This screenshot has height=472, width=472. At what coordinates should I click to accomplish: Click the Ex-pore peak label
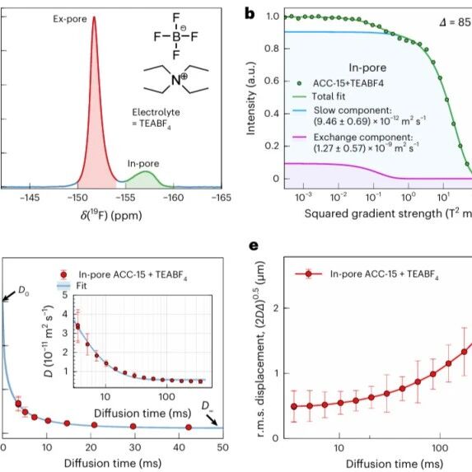click(x=70, y=19)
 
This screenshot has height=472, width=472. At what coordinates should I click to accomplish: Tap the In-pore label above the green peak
click(x=143, y=164)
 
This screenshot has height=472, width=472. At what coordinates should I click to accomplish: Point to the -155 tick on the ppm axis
click(x=125, y=198)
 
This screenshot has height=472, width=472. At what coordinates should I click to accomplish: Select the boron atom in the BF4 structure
click(x=176, y=37)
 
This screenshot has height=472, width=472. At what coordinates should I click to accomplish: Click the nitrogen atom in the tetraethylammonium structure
click(x=176, y=80)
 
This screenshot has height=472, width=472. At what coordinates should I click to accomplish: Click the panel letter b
click(x=250, y=14)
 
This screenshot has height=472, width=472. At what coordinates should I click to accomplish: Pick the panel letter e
click(x=254, y=246)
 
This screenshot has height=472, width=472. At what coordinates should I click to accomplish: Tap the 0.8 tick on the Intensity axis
click(x=273, y=49)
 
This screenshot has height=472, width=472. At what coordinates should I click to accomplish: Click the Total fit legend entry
click(x=319, y=96)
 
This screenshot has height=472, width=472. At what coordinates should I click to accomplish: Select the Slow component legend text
click(x=370, y=116)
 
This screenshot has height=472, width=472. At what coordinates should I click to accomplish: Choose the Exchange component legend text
click(x=366, y=143)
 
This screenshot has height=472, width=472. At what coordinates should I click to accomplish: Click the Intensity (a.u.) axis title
click(x=250, y=98)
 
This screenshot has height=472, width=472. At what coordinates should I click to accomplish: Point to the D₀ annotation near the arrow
click(x=24, y=291)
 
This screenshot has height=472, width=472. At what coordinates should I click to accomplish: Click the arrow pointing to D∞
click(x=212, y=419)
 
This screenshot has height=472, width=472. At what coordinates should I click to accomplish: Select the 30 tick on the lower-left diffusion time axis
click(x=135, y=447)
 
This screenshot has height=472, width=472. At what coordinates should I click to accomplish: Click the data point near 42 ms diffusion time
click(x=189, y=428)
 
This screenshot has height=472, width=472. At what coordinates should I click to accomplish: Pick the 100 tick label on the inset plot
click(x=166, y=397)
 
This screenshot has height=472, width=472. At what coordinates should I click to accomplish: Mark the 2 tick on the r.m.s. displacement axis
click(x=276, y=308)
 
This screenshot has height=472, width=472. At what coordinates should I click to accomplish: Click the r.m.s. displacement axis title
click(x=260, y=349)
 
